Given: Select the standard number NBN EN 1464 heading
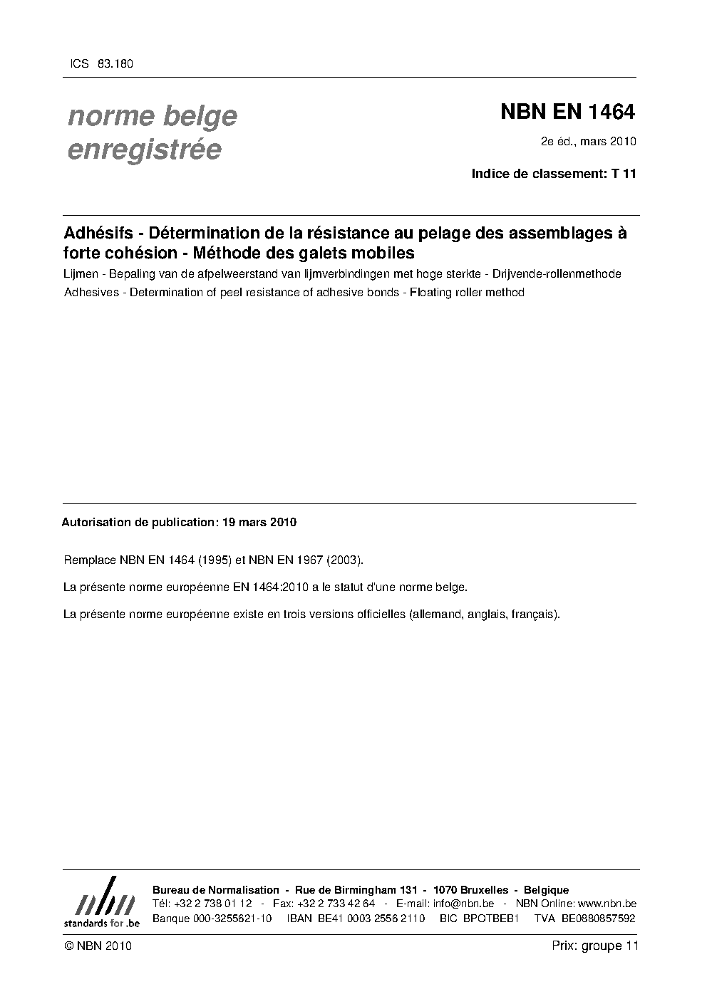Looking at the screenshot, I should [567, 112].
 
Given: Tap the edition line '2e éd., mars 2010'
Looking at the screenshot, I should [588, 141].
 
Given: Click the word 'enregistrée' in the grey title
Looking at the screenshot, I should [144, 150].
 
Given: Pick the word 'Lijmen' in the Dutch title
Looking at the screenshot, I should [81, 274].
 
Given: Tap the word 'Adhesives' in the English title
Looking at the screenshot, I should [91, 292].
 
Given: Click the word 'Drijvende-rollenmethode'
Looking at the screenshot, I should [557, 274].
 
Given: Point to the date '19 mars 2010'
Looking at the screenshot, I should [259, 522].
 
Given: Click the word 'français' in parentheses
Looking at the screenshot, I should [536, 614].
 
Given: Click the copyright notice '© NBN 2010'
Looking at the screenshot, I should [98, 946].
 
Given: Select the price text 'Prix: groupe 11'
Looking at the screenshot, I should [594, 946].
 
